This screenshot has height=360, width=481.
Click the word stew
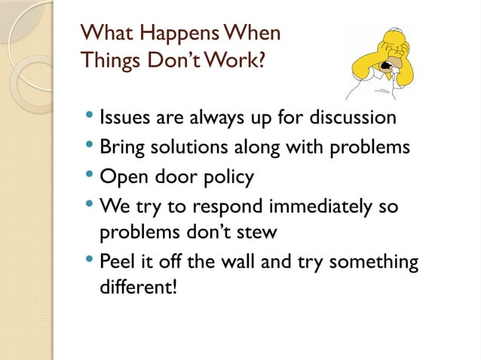[256, 233]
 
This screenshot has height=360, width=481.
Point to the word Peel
[117, 262]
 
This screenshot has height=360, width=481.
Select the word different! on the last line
[139, 289]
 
